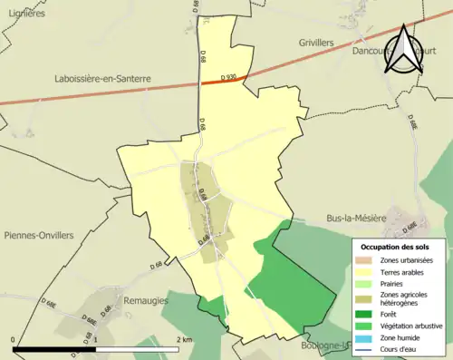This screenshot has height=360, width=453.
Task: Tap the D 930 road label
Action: pyautogui.click(x=230, y=78)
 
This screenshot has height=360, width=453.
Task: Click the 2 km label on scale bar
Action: pyautogui.click(x=186, y=339)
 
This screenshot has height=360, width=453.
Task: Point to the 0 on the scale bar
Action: pyautogui.click(x=14, y=339)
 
